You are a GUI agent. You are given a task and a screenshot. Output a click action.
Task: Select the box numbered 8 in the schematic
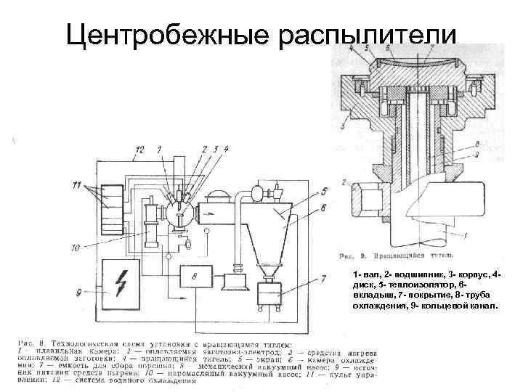195,277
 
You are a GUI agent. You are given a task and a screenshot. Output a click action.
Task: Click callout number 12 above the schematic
139,150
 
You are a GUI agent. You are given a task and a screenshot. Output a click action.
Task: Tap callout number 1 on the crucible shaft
466,234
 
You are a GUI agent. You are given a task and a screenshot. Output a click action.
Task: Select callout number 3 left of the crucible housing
342,126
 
